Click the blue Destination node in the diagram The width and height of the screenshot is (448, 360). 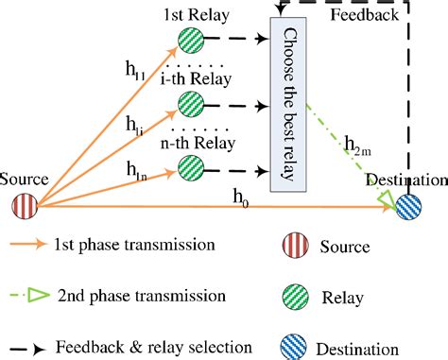408,207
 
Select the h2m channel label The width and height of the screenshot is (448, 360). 361,144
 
